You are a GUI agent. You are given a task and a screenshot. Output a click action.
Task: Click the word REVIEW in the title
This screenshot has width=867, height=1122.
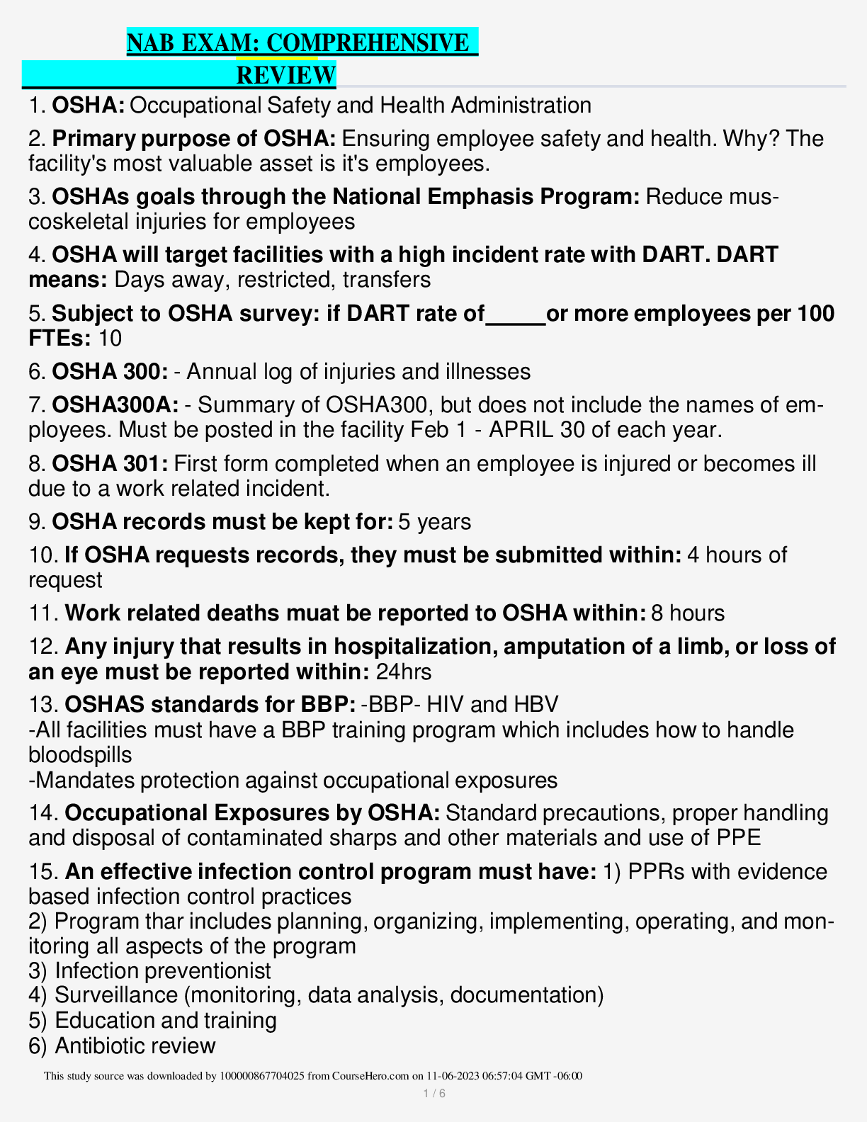[285, 75]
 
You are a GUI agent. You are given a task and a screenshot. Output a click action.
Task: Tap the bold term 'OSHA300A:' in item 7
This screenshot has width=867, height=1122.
[115, 405]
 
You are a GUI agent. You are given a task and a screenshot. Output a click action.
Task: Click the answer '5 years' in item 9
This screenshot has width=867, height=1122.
[435, 522]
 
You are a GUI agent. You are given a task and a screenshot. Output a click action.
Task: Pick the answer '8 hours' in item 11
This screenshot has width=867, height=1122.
[688, 613]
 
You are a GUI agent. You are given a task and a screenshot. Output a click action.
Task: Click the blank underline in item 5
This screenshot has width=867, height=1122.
[516, 314]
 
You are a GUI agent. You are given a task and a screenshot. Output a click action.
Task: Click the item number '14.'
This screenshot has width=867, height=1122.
[44, 813]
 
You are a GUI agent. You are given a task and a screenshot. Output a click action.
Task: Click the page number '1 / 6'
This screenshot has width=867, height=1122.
[433, 1094]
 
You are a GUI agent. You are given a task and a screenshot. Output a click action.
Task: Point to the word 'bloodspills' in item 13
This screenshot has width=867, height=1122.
[80, 755]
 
